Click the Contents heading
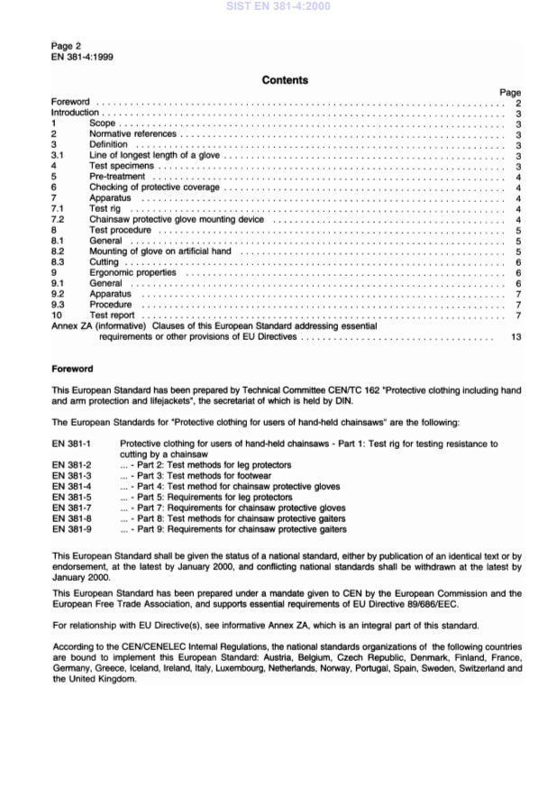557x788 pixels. pos(285,80)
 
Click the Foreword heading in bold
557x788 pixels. pos(72,368)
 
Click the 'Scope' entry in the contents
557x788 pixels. pos(102,124)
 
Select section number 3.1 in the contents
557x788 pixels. pos(58,155)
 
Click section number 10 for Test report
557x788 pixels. pos(58,315)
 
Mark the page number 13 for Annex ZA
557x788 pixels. pos(516,336)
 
